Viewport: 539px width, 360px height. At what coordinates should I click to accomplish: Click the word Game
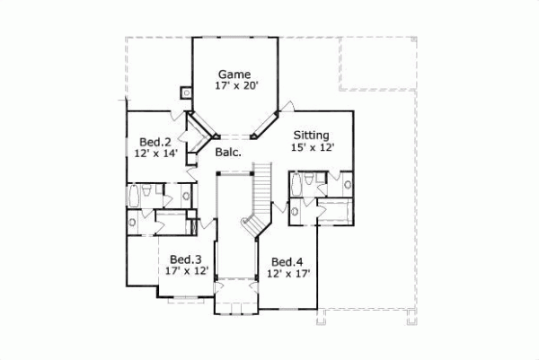(x=233, y=75)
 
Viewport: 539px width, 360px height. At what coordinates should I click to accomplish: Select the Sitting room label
(x=312, y=136)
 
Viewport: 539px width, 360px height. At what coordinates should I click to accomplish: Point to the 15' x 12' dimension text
(x=314, y=148)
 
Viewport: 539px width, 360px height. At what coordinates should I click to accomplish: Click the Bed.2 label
(x=155, y=142)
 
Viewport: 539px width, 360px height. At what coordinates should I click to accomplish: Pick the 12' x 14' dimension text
(x=155, y=154)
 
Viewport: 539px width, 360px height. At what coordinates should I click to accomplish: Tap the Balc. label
(x=227, y=153)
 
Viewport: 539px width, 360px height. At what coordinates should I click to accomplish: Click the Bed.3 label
(x=185, y=257)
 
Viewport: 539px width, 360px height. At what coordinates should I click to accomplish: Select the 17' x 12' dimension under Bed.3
(x=186, y=269)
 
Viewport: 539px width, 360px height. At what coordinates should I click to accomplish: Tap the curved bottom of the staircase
(x=251, y=224)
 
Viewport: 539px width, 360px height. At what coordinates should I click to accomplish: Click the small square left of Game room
(x=186, y=91)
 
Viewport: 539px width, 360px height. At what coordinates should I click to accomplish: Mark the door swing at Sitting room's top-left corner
(x=286, y=109)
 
